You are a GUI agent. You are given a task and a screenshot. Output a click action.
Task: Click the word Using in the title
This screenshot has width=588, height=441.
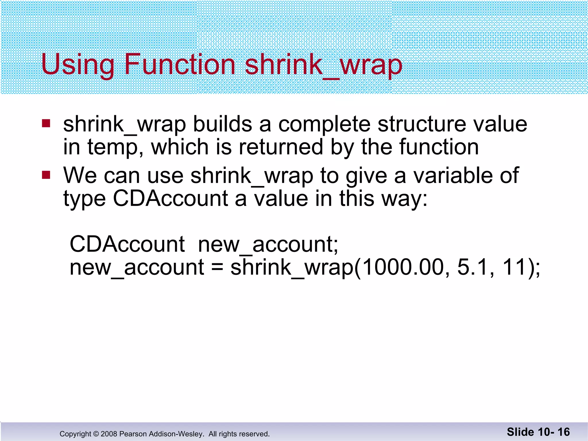pyautogui.click(x=78, y=65)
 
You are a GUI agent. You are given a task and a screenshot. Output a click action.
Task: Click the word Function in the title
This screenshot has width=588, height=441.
pyautogui.click(x=180, y=64)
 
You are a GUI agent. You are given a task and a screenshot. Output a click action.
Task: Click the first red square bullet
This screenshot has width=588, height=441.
pyautogui.click(x=46, y=123)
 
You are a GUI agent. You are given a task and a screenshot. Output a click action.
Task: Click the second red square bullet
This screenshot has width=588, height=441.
pyautogui.click(x=46, y=175)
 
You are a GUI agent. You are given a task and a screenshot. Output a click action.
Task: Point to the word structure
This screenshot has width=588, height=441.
pyautogui.click(x=421, y=124)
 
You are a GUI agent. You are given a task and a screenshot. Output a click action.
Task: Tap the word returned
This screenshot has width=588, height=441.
pyautogui.click(x=281, y=147)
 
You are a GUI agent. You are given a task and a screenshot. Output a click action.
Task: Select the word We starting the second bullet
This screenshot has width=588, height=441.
pyautogui.click(x=80, y=175)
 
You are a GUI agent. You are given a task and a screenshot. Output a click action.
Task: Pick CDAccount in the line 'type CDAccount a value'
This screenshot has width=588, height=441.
pyautogui.click(x=171, y=198)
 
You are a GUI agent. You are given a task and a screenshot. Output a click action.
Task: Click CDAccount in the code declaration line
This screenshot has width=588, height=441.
pyautogui.click(x=127, y=244)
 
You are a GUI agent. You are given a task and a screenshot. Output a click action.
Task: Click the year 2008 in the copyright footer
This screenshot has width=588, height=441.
pyautogui.click(x=109, y=434)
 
